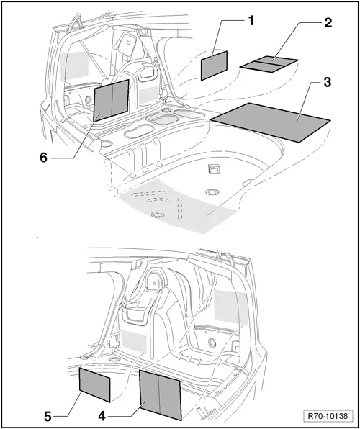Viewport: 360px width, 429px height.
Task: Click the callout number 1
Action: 251,20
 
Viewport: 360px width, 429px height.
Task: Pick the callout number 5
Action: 48,415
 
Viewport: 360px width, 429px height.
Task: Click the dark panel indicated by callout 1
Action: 214,65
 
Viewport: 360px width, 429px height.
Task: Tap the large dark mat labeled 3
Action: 270,119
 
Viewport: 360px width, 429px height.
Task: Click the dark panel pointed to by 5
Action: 94,384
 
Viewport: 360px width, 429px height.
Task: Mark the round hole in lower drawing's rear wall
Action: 212,344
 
